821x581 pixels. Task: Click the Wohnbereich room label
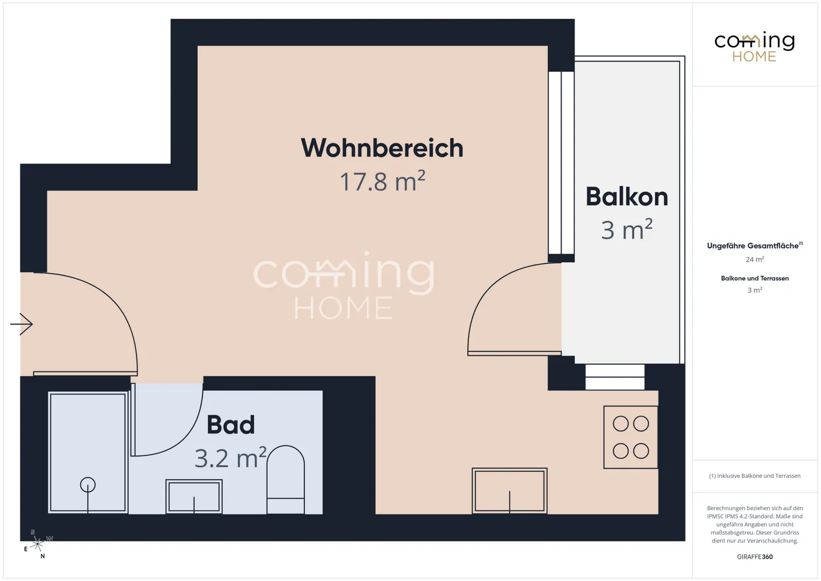[x=382, y=148]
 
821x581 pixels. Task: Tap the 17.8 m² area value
[x=382, y=182]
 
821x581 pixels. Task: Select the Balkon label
[x=627, y=197]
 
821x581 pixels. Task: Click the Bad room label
[x=230, y=425]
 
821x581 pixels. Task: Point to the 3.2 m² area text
[x=230, y=458]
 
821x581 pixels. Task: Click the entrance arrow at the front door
[x=22, y=324]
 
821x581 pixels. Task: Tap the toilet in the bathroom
[x=286, y=479]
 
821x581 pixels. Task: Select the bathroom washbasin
[x=194, y=496]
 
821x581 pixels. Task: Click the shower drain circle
[x=88, y=485]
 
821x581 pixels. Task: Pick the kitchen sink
[x=509, y=490]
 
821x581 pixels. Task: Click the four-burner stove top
[x=631, y=437]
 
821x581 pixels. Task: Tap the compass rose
[x=38, y=544]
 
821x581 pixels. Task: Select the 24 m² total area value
[x=754, y=259]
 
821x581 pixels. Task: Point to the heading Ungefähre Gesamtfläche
[x=753, y=246]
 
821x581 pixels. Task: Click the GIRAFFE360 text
[x=754, y=556]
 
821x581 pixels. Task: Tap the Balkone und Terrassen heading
[x=754, y=278]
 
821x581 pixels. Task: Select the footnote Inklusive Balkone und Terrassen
[x=754, y=476]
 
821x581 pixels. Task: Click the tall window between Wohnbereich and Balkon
[x=561, y=162]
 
